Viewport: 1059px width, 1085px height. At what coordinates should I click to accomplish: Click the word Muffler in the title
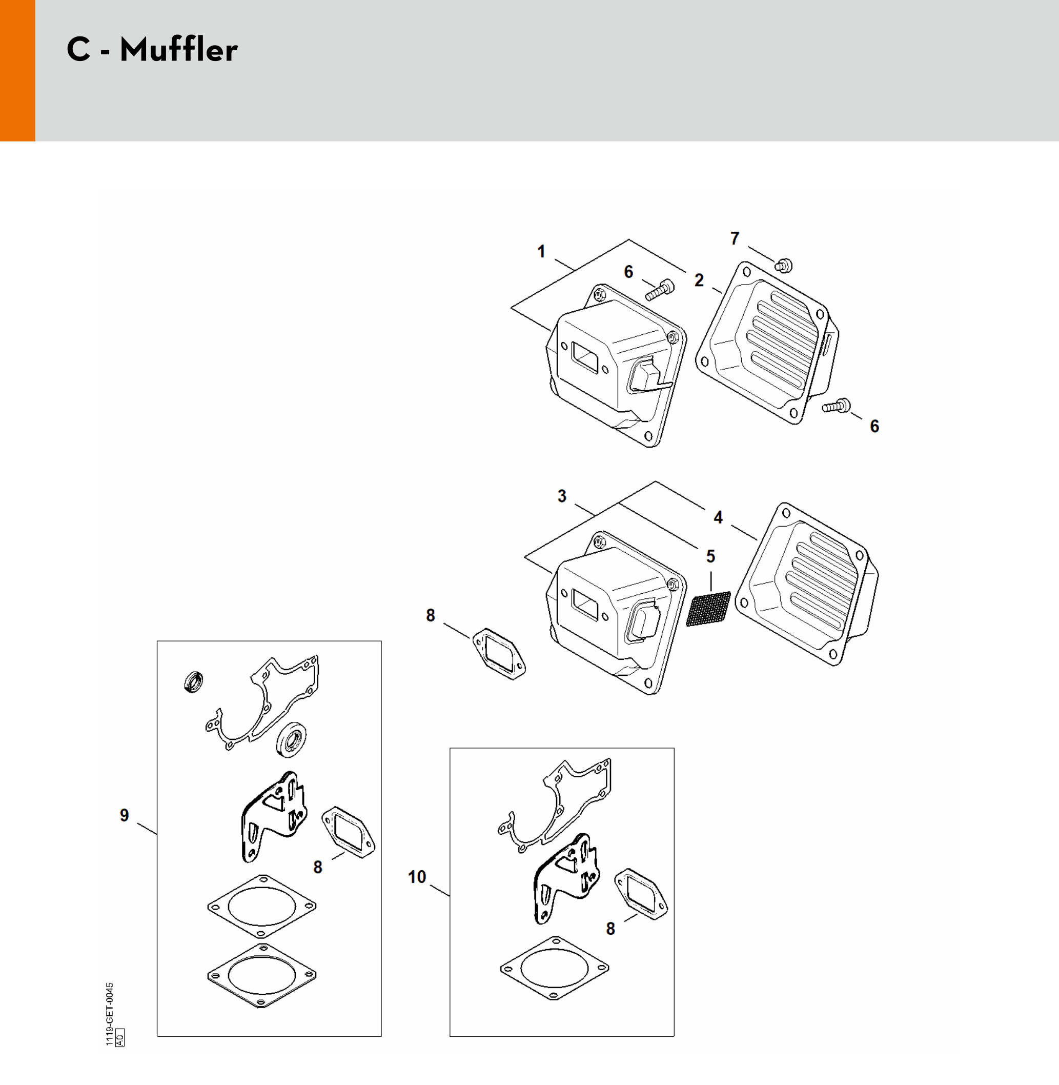point(178,50)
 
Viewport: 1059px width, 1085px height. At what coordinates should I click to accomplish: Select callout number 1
point(541,251)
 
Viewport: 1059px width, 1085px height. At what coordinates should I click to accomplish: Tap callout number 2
point(699,280)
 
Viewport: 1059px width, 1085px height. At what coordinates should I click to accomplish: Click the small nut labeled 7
point(783,266)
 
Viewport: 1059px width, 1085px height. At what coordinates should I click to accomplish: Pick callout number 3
point(562,496)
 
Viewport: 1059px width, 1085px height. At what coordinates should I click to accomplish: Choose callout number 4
point(718,517)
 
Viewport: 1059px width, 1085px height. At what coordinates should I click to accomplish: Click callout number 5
point(710,556)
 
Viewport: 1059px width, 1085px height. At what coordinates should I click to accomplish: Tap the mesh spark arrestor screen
point(708,609)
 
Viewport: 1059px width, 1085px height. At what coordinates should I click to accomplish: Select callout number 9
point(125,815)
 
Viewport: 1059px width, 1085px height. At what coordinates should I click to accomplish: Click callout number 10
point(417,877)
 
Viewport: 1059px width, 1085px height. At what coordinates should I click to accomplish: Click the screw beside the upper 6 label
point(660,290)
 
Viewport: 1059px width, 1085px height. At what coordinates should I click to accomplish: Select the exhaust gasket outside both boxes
point(499,654)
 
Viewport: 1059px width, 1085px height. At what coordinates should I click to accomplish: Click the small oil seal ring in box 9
point(193,682)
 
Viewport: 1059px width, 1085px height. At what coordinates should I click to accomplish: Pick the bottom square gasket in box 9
point(261,975)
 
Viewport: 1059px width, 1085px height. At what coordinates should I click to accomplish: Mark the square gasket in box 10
point(554,968)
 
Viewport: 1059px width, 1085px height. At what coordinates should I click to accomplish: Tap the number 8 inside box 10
point(610,928)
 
